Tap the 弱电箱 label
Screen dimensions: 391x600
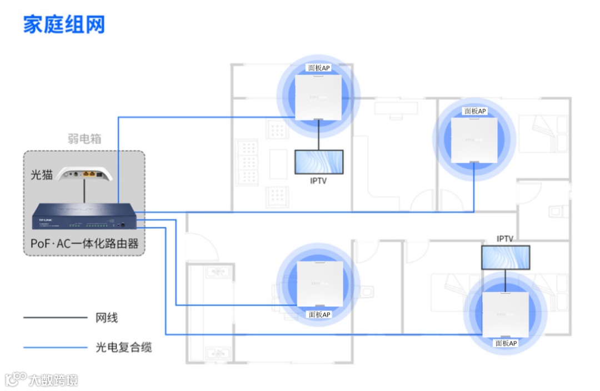84,138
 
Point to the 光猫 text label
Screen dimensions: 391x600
41,174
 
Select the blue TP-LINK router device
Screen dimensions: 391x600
84,217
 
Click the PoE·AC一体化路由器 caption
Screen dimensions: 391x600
84,244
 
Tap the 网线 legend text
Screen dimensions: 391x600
107,318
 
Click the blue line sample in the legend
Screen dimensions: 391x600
55,348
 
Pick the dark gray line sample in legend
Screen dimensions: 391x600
55,318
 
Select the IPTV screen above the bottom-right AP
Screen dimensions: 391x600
505,257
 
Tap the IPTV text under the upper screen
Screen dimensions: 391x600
318,181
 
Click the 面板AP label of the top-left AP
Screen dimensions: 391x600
319,68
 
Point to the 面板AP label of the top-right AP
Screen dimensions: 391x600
475,111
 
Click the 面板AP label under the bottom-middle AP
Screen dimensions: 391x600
319,314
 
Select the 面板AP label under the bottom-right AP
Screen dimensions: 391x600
506,343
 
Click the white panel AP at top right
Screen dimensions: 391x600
474,141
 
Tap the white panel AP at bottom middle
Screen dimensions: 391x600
319,284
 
